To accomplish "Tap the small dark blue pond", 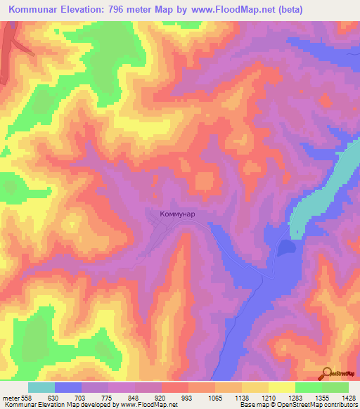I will [285, 247].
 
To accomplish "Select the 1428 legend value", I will [341, 398].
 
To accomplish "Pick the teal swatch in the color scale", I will [41, 387].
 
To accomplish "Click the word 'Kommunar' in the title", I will [39, 10].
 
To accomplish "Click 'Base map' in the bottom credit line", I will [252, 405].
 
